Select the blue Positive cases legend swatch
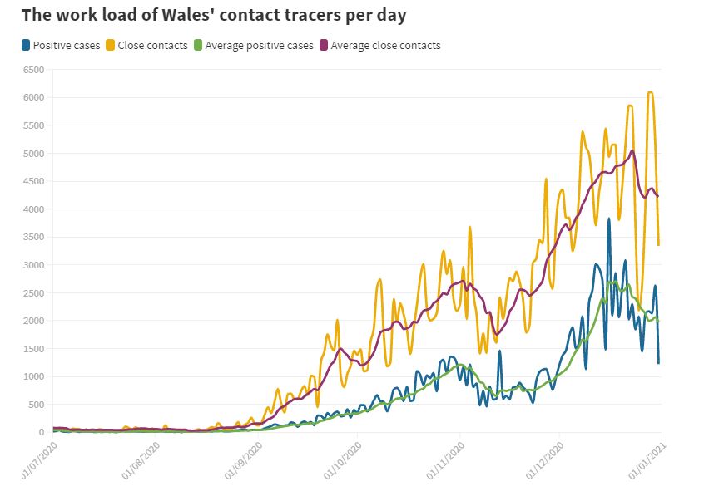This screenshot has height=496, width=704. coord(27,45)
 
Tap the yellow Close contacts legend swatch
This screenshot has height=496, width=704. coord(111,45)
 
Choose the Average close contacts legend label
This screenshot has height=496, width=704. coord(385,45)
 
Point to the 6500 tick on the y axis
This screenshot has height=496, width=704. coord(33,70)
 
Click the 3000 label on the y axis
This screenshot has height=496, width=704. coord(33,265)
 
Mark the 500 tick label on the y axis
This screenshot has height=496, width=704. coord(36,405)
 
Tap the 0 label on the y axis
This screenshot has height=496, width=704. coord(41,432)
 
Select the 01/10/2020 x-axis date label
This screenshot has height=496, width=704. coord(344,461)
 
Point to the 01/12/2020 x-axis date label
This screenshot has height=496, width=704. coord(546,461)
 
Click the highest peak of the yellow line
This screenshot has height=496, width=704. coord(650,92)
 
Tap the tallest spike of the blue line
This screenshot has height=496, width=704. coord(609,219)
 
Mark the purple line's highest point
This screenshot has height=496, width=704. coord(633,150)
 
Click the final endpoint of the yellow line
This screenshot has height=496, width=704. coord(659,245)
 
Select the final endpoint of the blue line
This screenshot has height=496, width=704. coord(659,363)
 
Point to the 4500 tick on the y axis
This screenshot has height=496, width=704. coord(33,181)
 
